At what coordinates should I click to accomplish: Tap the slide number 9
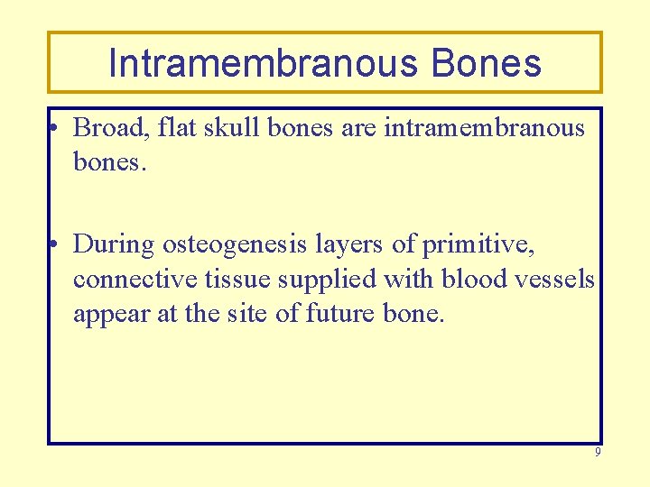pyautogui.click(x=597, y=452)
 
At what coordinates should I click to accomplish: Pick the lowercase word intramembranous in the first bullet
pyautogui.click(x=485, y=128)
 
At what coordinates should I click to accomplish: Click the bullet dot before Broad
pyautogui.click(x=55, y=130)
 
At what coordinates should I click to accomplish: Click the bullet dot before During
pyautogui.click(x=55, y=245)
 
